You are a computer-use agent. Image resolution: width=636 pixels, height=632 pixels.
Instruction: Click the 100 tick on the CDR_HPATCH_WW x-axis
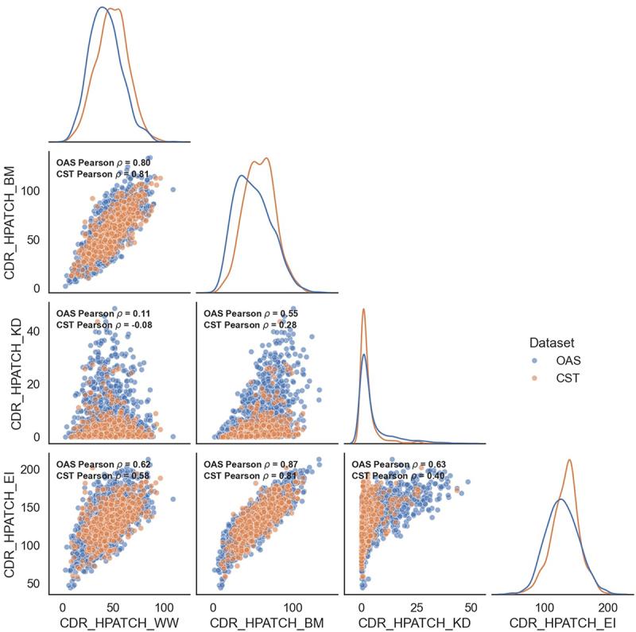165,603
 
